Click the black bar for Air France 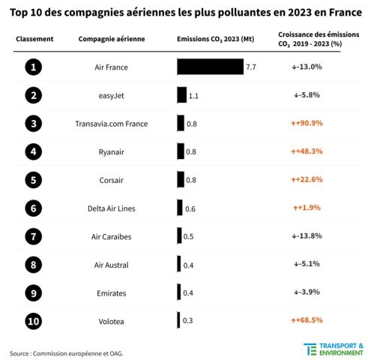pos(210,67)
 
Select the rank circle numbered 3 pos(32,123)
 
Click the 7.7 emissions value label pos(251,67)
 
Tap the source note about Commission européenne pos(67,352)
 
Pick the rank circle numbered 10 pos(32,320)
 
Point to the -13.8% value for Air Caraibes pos(306,235)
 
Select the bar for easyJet pos(182,95)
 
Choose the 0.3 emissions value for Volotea pos(187,320)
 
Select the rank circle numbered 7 pos(32,235)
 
